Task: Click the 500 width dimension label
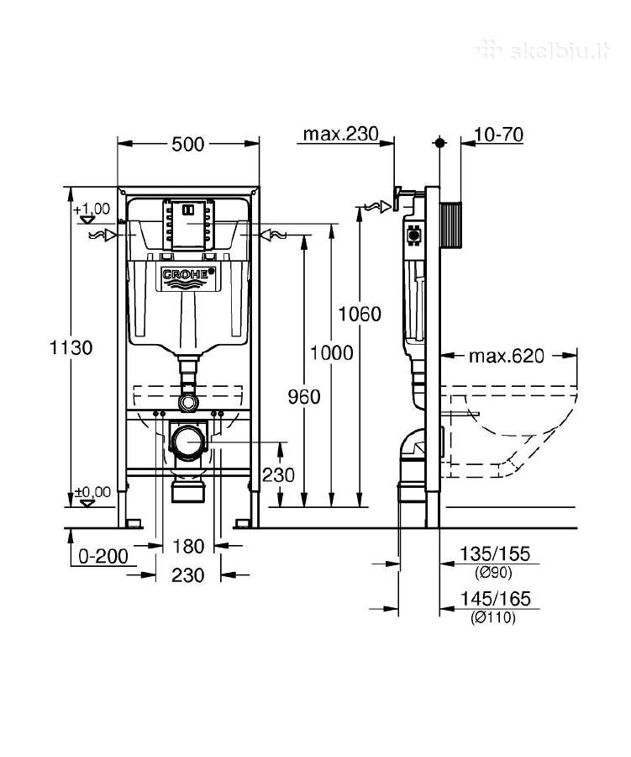click(x=188, y=144)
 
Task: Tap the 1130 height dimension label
click(x=71, y=347)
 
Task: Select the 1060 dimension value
click(x=360, y=315)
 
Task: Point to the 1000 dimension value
click(x=331, y=353)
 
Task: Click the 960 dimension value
click(x=304, y=397)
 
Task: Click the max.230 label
click(x=340, y=134)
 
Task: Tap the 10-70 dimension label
click(x=499, y=135)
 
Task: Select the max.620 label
click(x=507, y=357)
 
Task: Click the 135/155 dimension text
click(x=495, y=553)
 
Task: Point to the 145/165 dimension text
click(x=495, y=599)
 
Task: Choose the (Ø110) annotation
click(x=493, y=617)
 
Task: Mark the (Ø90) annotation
click(x=493, y=573)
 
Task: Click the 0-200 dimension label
click(x=103, y=556)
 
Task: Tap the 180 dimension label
click(x=188, y=547)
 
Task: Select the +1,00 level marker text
click(x=92, y=209)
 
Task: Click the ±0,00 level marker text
click(x=92, y=492)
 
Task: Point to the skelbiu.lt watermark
click(x=544, y=50)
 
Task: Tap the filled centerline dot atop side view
click(x=439, y=143)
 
